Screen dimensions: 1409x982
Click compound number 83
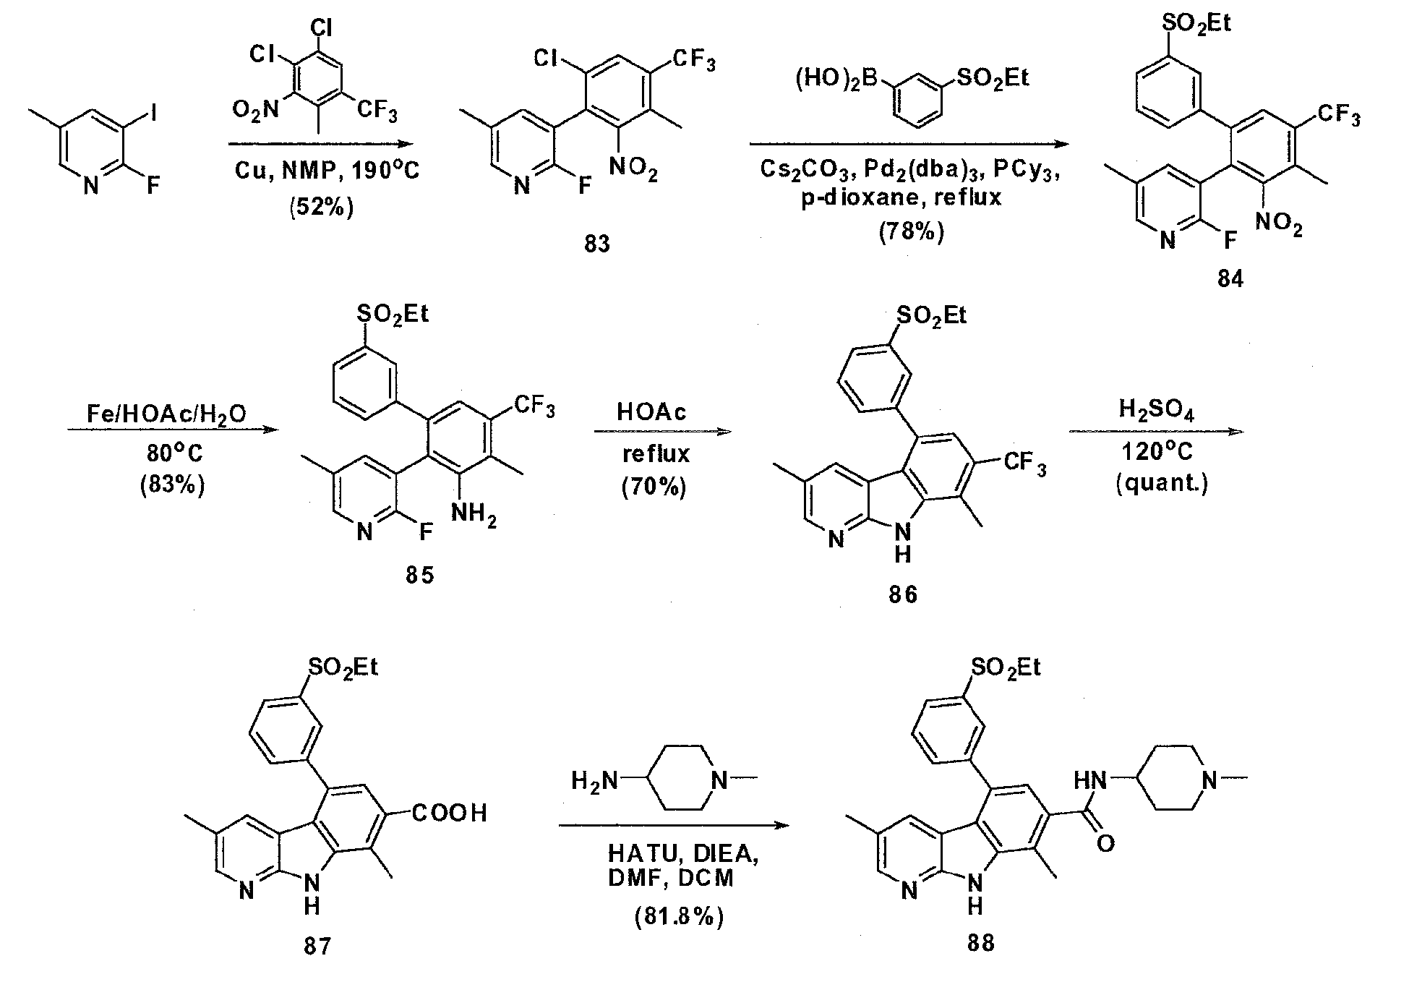[597, 244]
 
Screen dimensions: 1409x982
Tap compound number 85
[419, 575]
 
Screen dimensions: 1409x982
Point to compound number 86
[903, 594]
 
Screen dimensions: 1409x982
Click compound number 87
[317, 945]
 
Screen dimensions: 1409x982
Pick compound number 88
[981, 944]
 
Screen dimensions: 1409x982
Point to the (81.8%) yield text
[678, 917]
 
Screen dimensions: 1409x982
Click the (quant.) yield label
[1162, 482]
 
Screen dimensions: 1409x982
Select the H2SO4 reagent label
[1157, 411]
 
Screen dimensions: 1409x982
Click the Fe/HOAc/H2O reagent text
[167, 414]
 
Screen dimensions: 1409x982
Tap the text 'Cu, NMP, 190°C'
[326, 171]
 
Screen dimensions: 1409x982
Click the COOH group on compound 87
[450, 814]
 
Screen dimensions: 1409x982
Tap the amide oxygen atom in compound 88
[1105, 844]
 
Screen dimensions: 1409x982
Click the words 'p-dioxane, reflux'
[901, 197]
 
